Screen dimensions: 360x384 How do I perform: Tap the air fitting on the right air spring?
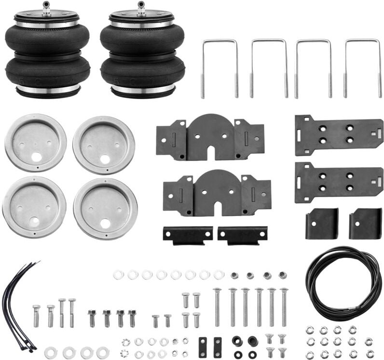[141, 8]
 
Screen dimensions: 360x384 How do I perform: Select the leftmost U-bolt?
[219, 67]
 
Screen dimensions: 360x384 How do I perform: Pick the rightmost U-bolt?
[362, 67]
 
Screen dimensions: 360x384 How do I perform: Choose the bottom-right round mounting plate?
[105, 209]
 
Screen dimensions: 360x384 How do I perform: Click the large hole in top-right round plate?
[105, 159]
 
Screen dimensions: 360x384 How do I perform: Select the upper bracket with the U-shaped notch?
[210, 137]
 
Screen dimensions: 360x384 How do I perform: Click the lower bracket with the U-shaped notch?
[217, 193]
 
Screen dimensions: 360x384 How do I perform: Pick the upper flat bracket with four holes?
[339, 135]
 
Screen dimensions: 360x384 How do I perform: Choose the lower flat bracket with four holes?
[339, 182]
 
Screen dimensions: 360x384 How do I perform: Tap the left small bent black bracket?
[322, 224]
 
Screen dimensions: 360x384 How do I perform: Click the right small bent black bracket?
[365, 224]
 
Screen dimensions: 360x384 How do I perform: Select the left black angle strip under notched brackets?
[188, 235]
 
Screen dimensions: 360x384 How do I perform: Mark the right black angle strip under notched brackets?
[242, 235]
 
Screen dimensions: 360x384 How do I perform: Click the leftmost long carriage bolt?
[217, 308]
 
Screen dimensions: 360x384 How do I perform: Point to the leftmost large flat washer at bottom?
[51, 352]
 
